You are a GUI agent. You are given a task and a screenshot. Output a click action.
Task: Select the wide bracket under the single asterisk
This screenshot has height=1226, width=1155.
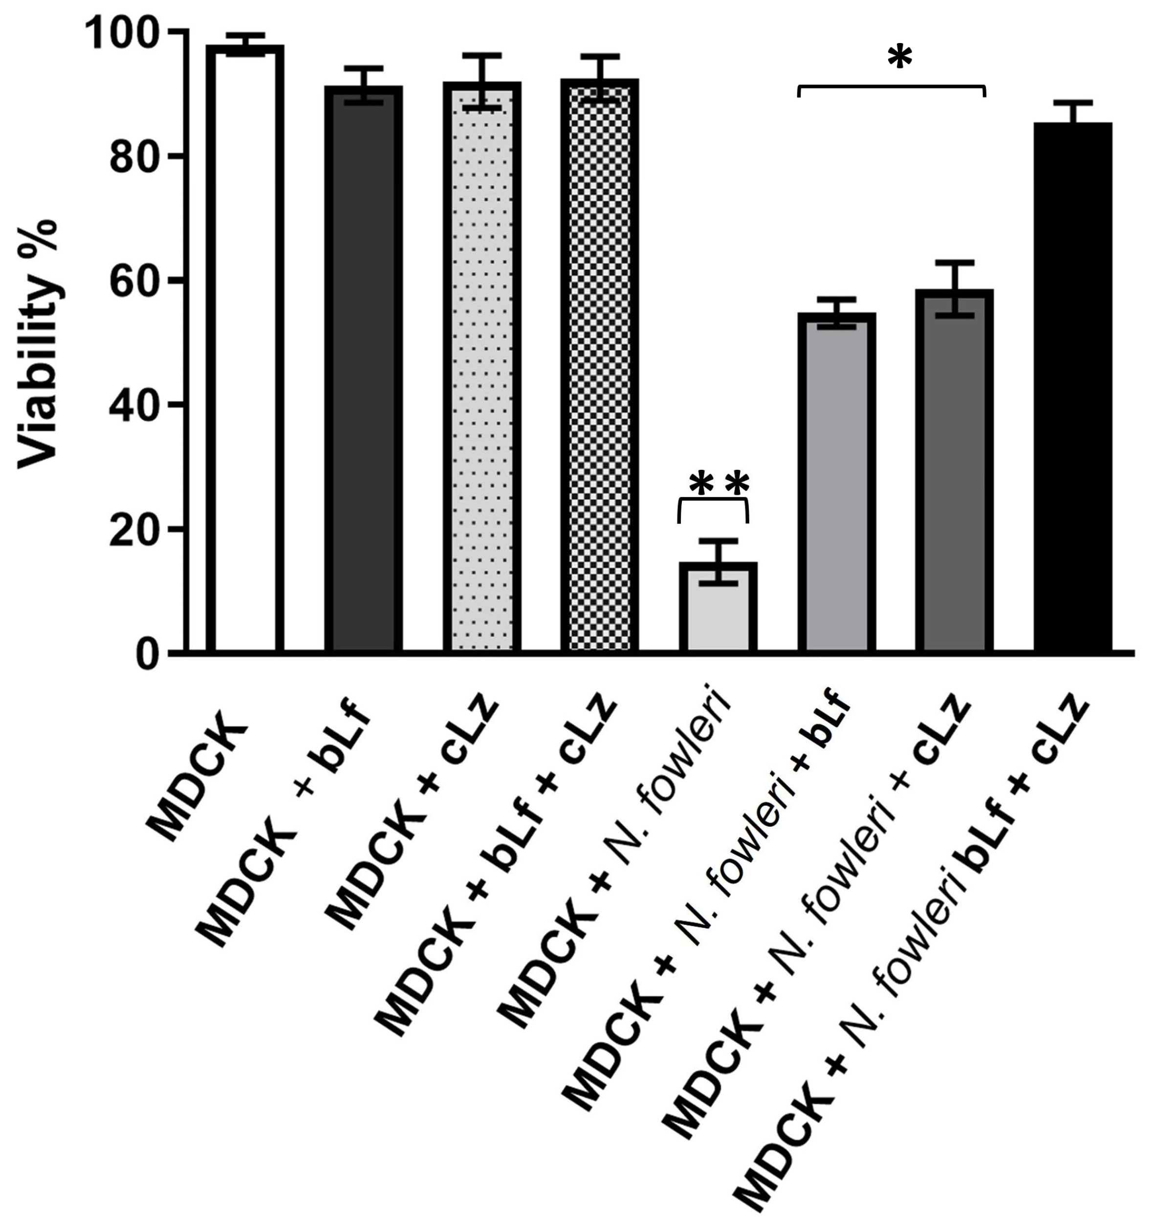pyautogui.click(x=892, y=87)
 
